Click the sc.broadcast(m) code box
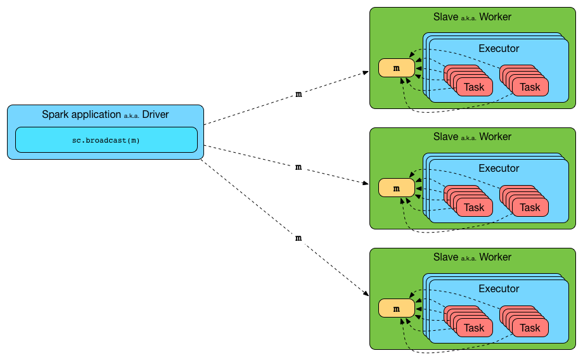click(106, 140)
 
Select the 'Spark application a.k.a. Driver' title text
click(105, 115)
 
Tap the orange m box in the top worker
click(396, 68)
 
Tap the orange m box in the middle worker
click(396, 188)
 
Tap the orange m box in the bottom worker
click(396, 309)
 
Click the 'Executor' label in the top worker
click(499, 48)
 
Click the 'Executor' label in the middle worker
click(499, 169)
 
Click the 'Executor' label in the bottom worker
click(499, 289)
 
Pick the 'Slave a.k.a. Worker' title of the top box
click(472, 16)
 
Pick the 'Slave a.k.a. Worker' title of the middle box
click(472, 137)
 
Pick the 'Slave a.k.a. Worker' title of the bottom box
click(472, 257)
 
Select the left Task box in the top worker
click(474, 87)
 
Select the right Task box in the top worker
click(530, 87)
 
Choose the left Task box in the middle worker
click(474, 208)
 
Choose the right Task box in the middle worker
click(530, 208)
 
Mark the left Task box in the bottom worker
click(474, 328)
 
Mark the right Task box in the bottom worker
click(530, 328)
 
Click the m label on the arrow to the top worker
click(298, 94)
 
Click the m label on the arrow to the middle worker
click(298, 167)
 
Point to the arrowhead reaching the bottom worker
click(367, 294)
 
